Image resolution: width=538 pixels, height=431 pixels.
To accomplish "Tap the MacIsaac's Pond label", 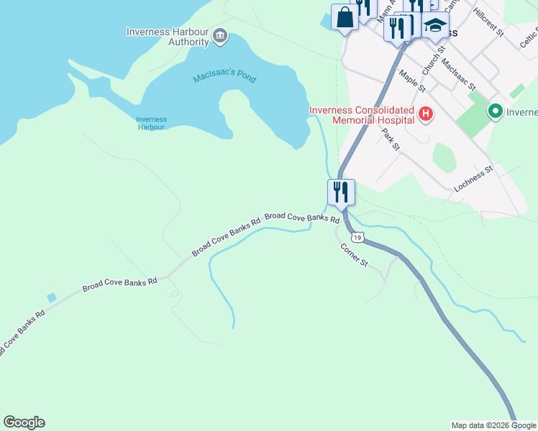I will tap(224, 78).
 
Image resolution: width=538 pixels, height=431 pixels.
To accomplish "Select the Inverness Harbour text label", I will tap(151, 124).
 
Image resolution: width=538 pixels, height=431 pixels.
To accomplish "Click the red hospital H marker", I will tap(426, 113).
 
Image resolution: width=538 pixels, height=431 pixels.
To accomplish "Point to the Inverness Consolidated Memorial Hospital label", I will tap(362, 115).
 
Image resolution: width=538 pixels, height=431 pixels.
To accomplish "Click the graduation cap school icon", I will tap(434, 25).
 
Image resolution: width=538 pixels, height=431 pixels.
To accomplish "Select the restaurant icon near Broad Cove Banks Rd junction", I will tap(340, 192).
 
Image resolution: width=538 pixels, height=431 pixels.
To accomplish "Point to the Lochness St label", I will tap(473, 179).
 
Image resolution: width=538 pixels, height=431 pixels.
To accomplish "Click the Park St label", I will tap(390, 140).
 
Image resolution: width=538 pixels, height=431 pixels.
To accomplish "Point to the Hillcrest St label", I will tap(488, 24).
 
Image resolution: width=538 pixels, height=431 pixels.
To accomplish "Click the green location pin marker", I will tap(495, 111).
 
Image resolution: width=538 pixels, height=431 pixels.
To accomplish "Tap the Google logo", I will tap(24, 422).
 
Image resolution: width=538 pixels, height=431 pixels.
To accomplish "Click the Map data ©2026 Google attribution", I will tap(493, 425).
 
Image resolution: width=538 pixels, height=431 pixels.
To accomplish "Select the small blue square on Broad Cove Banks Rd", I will tap(52, 297).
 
